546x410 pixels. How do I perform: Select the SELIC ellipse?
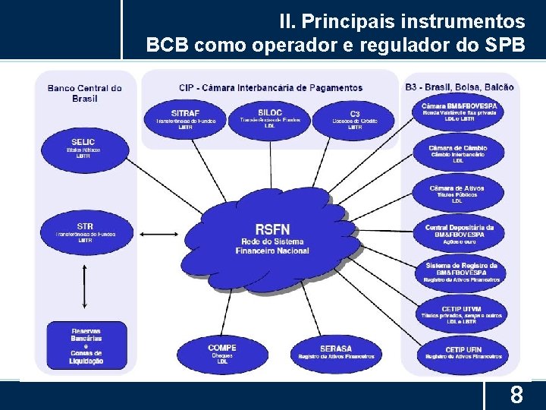coord(83,149)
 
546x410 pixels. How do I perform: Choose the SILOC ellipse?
coord(269,118)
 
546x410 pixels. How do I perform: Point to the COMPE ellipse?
coord(221,353)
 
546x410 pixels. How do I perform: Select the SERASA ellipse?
coord(336,353)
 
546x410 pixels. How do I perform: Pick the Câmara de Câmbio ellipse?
coord(457,154)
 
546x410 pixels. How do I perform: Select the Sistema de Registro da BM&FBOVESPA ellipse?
coord(461,273)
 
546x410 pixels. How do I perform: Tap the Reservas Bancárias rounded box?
coord(86,346)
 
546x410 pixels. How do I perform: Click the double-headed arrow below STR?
coord(85,286)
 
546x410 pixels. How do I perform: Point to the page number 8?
coord(516,396)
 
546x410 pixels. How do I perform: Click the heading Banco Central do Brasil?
coord(85,93)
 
